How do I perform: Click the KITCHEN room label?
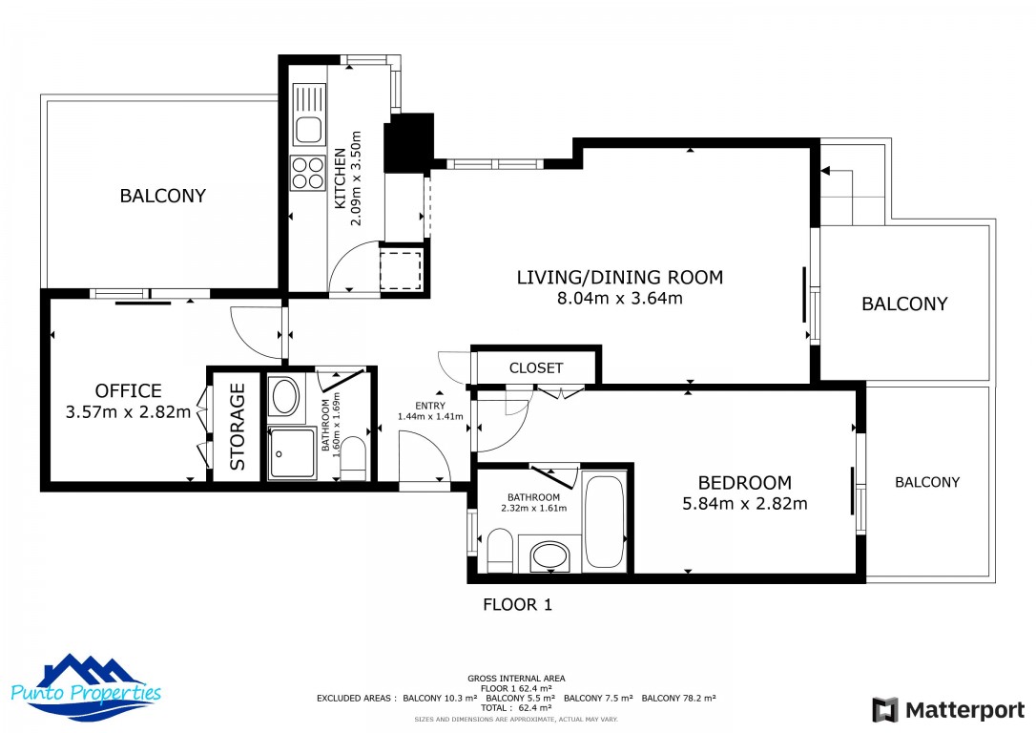click(x=340, y=178)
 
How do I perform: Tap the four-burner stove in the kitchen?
click(x=308, y=173)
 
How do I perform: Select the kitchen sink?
click(x=308, y=115)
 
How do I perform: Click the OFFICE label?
click(x=128, y=390)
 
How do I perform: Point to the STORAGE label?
click(x=238, y=427)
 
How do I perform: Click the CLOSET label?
click(x=536, y=368)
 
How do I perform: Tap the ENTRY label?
click(x=430, y=406)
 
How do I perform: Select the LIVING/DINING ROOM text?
click(x=620, y=277)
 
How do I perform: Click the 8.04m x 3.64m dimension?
click(x=620, y=298)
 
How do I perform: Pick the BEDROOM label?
click(x=745, y=483)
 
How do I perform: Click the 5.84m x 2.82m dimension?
click(x=745, y=504)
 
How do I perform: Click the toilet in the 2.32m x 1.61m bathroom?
click(x=500, y=550)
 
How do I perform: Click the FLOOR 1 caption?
click(x=517, y=604)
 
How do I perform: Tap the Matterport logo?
click(x=948, y=710)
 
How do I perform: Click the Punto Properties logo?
click(x=86, y=688)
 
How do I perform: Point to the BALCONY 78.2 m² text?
click(x=678, y=698)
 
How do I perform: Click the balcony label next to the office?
click(x=162, y=196)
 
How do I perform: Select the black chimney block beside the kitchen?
click(x=407, y=142)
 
